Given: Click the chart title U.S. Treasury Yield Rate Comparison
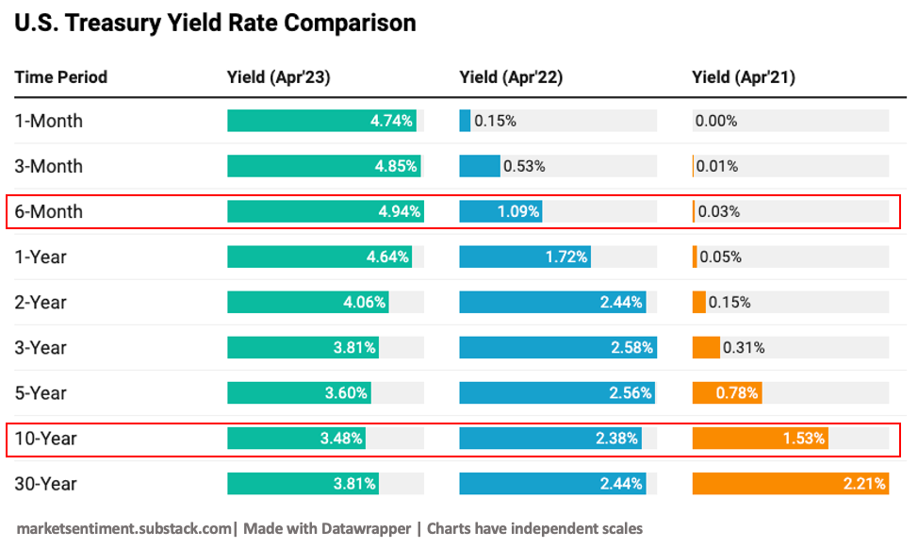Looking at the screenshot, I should (x=215, y=23).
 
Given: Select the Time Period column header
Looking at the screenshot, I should (x=61, y=77).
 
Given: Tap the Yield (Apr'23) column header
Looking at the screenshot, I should (x=278, y=77).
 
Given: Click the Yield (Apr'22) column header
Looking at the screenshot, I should (x=511, y=77).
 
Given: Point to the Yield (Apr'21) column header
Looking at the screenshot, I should (x=744, y=77).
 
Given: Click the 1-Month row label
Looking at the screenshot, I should (x=49, y=121).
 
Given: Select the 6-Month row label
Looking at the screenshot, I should (x=49, y=211).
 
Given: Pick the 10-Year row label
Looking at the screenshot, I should (x=46, y=439).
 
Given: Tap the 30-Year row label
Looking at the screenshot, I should (x=46, y=484).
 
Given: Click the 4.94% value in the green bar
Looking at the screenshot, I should (x=400, y=211).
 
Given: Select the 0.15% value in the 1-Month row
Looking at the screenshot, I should (x=495, y=121).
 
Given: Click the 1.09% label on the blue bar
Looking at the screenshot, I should (x=518, y=211).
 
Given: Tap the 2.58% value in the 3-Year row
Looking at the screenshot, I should (x=632, y=347).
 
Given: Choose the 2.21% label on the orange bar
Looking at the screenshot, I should (x=864, y=484).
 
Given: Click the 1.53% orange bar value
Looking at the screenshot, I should (x=804, y=439).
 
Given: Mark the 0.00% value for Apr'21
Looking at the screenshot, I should (x=716, y=121).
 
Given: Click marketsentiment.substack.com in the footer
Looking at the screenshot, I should (x=123, y=528).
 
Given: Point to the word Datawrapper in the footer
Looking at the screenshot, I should (x=367, y=528).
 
